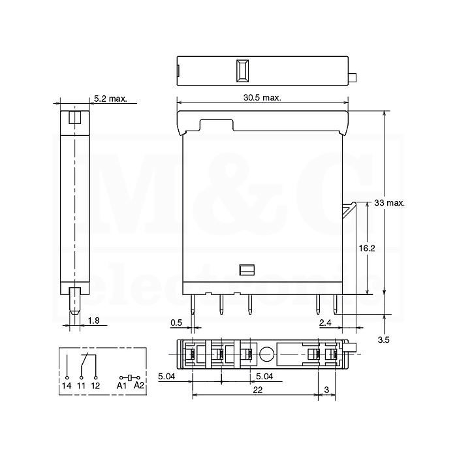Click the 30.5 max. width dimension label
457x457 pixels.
click(x=262, y=97)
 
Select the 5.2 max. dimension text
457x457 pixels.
click(x=110, y=99)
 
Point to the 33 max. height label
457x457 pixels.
click(x=389, y=203)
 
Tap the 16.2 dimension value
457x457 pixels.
click(x=367, y=248)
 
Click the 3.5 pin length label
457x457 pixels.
click(x=384, y=339)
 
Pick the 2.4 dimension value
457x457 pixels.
click(x=325, y=323)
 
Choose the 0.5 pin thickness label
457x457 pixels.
click(x=176, y=323)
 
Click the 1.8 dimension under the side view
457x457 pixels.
click(x=93, y=321)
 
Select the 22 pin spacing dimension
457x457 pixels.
click(x=258, y=390)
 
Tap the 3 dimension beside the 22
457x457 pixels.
click(x=326, y=390)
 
